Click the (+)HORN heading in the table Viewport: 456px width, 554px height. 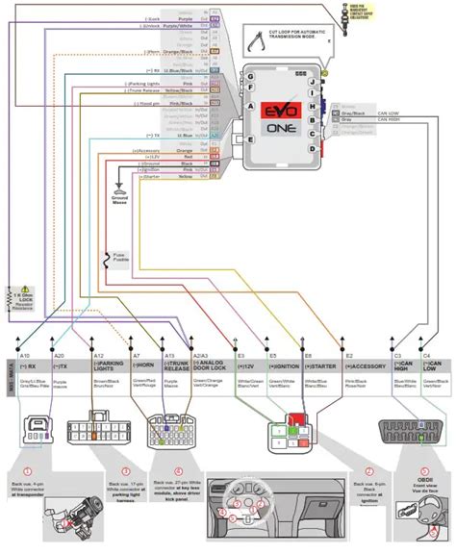(x=141, y=365)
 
